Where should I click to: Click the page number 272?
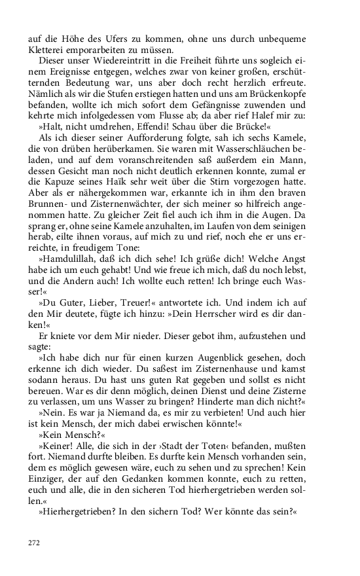tap(33, 543)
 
